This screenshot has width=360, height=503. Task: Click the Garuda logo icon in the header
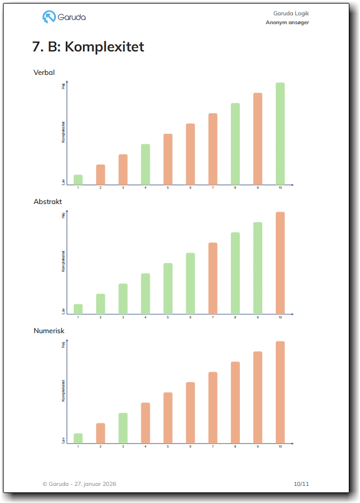click(49, 17)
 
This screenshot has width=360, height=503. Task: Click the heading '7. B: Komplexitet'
click(88, 47)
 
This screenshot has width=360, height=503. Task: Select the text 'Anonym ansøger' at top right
click(287, 22)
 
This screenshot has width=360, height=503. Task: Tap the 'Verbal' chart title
click(44, 73)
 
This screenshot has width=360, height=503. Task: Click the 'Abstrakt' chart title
click(48, 202)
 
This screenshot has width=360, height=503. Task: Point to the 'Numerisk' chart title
click(49, 331)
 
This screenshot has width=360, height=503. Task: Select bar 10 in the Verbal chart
click(280, 133)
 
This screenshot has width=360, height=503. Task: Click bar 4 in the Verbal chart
click(146, 164)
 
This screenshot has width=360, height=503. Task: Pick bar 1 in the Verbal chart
click(78, 179)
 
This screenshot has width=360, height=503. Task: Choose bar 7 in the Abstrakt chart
click(213, 278)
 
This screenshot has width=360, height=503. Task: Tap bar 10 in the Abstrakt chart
click(280, 262)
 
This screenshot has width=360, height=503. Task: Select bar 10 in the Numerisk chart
click(280, 392)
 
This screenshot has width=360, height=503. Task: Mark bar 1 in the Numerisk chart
click(78, 438)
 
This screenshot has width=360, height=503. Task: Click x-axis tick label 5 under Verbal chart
click(168, 188)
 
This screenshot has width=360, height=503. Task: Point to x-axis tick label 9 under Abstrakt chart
click(257, 317)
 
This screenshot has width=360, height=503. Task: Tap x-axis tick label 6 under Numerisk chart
click(190, 446)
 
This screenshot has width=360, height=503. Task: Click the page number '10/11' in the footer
click(301, 484)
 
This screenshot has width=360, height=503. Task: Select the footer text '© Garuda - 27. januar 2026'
click(80, 484)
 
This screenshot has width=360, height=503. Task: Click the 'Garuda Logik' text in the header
click(291, 13)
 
